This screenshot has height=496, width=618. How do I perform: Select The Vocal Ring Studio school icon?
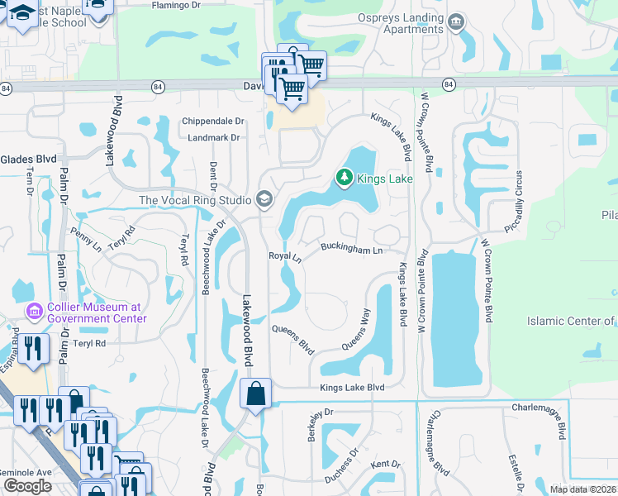pyautogui.click(x=264, y=199)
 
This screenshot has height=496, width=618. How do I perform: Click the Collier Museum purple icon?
pyautogui.click(x=35, y=312)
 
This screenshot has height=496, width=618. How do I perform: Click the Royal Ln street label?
pyautogui.click(x=286, y=256)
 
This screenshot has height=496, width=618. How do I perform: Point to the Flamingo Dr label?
pyautogui.click(x=177, y=5)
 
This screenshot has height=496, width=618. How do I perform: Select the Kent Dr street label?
pyautogui.click(x=385, y=465)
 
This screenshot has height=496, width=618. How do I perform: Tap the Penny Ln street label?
pyautogui.click(x=86, y=237)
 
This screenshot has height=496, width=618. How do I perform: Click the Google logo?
pyautogui.click(x=27, y=486)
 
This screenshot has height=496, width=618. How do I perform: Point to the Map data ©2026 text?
pyautogui.click(x=582, y=489)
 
